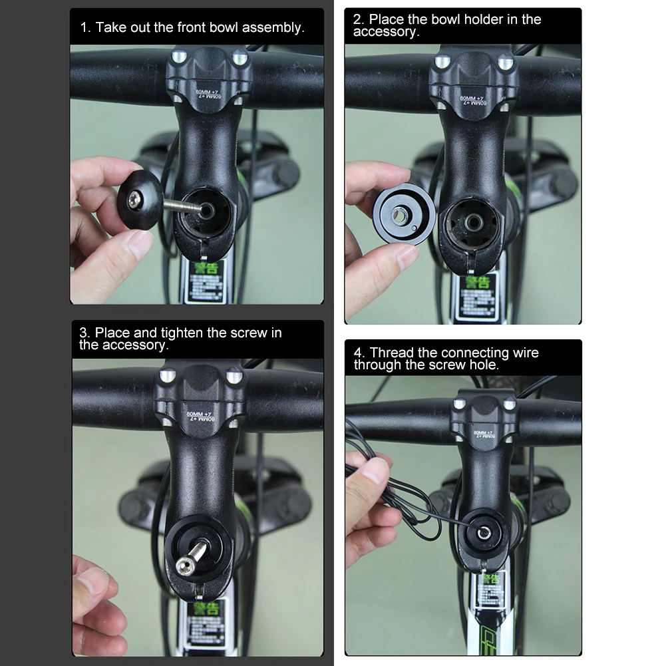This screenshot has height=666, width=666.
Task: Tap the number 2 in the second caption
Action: [357, 19]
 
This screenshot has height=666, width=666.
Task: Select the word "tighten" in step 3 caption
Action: [180, 332]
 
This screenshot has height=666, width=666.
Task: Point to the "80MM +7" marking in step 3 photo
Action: [198, 418]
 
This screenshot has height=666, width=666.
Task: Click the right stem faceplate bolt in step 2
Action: [506, 63]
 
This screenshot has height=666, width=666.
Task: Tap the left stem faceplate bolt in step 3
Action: [166, 376]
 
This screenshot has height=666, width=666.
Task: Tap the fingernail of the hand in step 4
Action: [377, 475]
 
